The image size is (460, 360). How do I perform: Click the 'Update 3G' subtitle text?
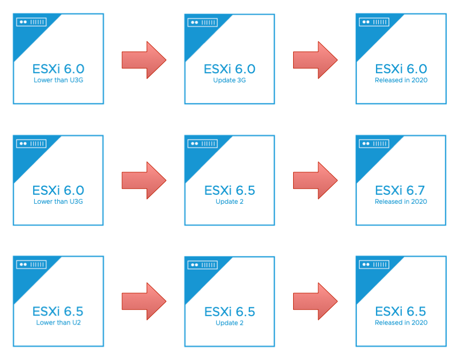point(229,80)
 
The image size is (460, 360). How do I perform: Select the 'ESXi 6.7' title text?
point(400,190)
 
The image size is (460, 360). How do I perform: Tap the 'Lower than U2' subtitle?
point(58,323)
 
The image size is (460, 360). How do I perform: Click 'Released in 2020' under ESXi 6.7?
point(401,202)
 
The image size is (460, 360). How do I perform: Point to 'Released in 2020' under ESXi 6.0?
point(401,80)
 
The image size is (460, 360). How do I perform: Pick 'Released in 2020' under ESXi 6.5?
point(401,323)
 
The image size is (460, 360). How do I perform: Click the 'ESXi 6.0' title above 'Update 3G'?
point(229,69)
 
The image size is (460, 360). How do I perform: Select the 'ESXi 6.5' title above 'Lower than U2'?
point(58,311)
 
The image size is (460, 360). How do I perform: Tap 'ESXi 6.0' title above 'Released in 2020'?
point(401,69)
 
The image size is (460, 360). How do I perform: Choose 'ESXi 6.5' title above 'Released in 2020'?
point(401,311)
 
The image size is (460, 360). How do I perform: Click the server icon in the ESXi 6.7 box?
point(374,143)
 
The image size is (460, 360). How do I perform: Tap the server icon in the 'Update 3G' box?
point(202,22)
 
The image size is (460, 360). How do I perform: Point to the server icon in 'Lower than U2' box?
point(32,264)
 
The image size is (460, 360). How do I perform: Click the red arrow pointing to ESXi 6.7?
point(316,180)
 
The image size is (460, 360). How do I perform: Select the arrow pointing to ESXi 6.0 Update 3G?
point(144,60)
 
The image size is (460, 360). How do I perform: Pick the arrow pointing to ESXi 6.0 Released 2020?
point(316,60)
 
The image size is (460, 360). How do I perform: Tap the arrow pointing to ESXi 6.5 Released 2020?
point(316,301)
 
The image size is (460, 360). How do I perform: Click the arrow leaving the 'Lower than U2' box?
point(144,301)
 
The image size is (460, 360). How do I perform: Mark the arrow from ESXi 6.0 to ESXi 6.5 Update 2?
point(144,180)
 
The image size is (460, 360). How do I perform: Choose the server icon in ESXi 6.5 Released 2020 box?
point(374,264)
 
